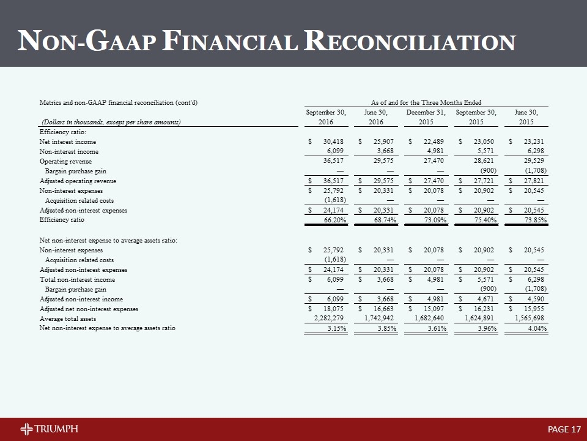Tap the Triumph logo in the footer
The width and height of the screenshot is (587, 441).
pyautogui.click(x=49, y=428)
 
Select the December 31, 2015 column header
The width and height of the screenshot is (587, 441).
pyautogui.click(x=426, y=117)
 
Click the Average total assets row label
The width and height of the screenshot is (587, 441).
pyautogui.click(x=67, y=318)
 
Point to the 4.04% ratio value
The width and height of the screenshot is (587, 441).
pyautogui.click(x=534, y=328)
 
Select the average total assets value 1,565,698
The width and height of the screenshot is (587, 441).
pyautogui.click(x=529, y=318)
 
